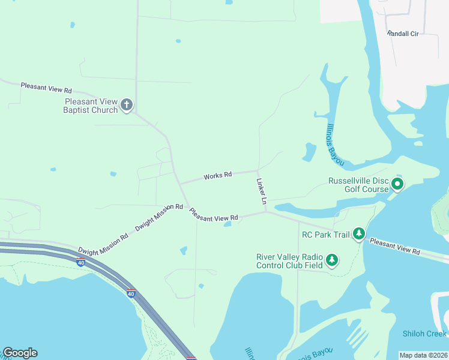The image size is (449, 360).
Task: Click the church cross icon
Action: (126, 106)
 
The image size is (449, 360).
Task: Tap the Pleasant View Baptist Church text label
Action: (91, 106)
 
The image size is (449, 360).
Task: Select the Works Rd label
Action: (217, 176)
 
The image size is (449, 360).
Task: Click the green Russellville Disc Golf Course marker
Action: (397, 184)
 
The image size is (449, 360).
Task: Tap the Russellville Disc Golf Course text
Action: (358, 185)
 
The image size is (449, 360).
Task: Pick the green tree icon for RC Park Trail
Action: (359, 233)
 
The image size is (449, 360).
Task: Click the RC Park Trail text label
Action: (325, 234)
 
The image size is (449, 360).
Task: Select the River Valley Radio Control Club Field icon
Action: (331, 261)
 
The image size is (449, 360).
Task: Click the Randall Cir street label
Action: (402, 34)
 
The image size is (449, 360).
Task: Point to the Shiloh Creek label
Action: (424, 334)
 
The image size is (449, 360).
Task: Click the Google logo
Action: (20, 353)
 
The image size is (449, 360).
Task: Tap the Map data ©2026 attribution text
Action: (423, 355)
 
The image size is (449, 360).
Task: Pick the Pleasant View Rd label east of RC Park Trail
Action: (394, 246)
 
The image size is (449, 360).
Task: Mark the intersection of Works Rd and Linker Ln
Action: (258, 170)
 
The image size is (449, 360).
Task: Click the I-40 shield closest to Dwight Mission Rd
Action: (80, 262)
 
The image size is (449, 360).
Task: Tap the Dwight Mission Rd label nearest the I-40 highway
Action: (103, 242)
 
